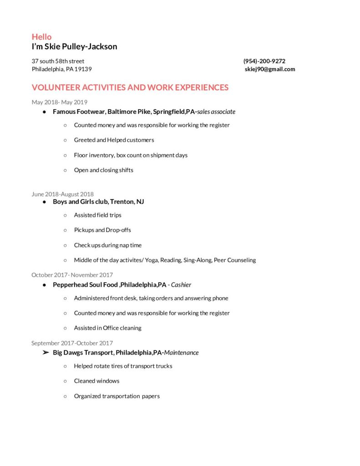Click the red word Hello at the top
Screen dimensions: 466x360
point(41,37)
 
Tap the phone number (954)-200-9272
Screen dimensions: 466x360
point(264,61)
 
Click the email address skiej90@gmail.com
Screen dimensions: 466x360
point(270,69)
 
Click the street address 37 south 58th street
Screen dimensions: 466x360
point(58,61)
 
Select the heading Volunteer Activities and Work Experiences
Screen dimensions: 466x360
point(130,87)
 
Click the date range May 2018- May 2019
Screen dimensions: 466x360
point(59,102)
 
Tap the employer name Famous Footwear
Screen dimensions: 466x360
point(79,111)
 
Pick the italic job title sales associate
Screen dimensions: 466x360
point(216,111)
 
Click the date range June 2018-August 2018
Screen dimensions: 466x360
point(62,194)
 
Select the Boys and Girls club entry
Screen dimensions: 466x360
point(98,202)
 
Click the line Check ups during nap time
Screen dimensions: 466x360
point(108,245)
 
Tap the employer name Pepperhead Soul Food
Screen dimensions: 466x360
point(85,285)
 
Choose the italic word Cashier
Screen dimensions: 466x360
point(181,285)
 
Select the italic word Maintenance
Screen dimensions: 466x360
point(182,353)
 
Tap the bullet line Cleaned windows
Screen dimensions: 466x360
point(96,381)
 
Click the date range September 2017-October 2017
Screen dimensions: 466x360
point(72,343)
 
